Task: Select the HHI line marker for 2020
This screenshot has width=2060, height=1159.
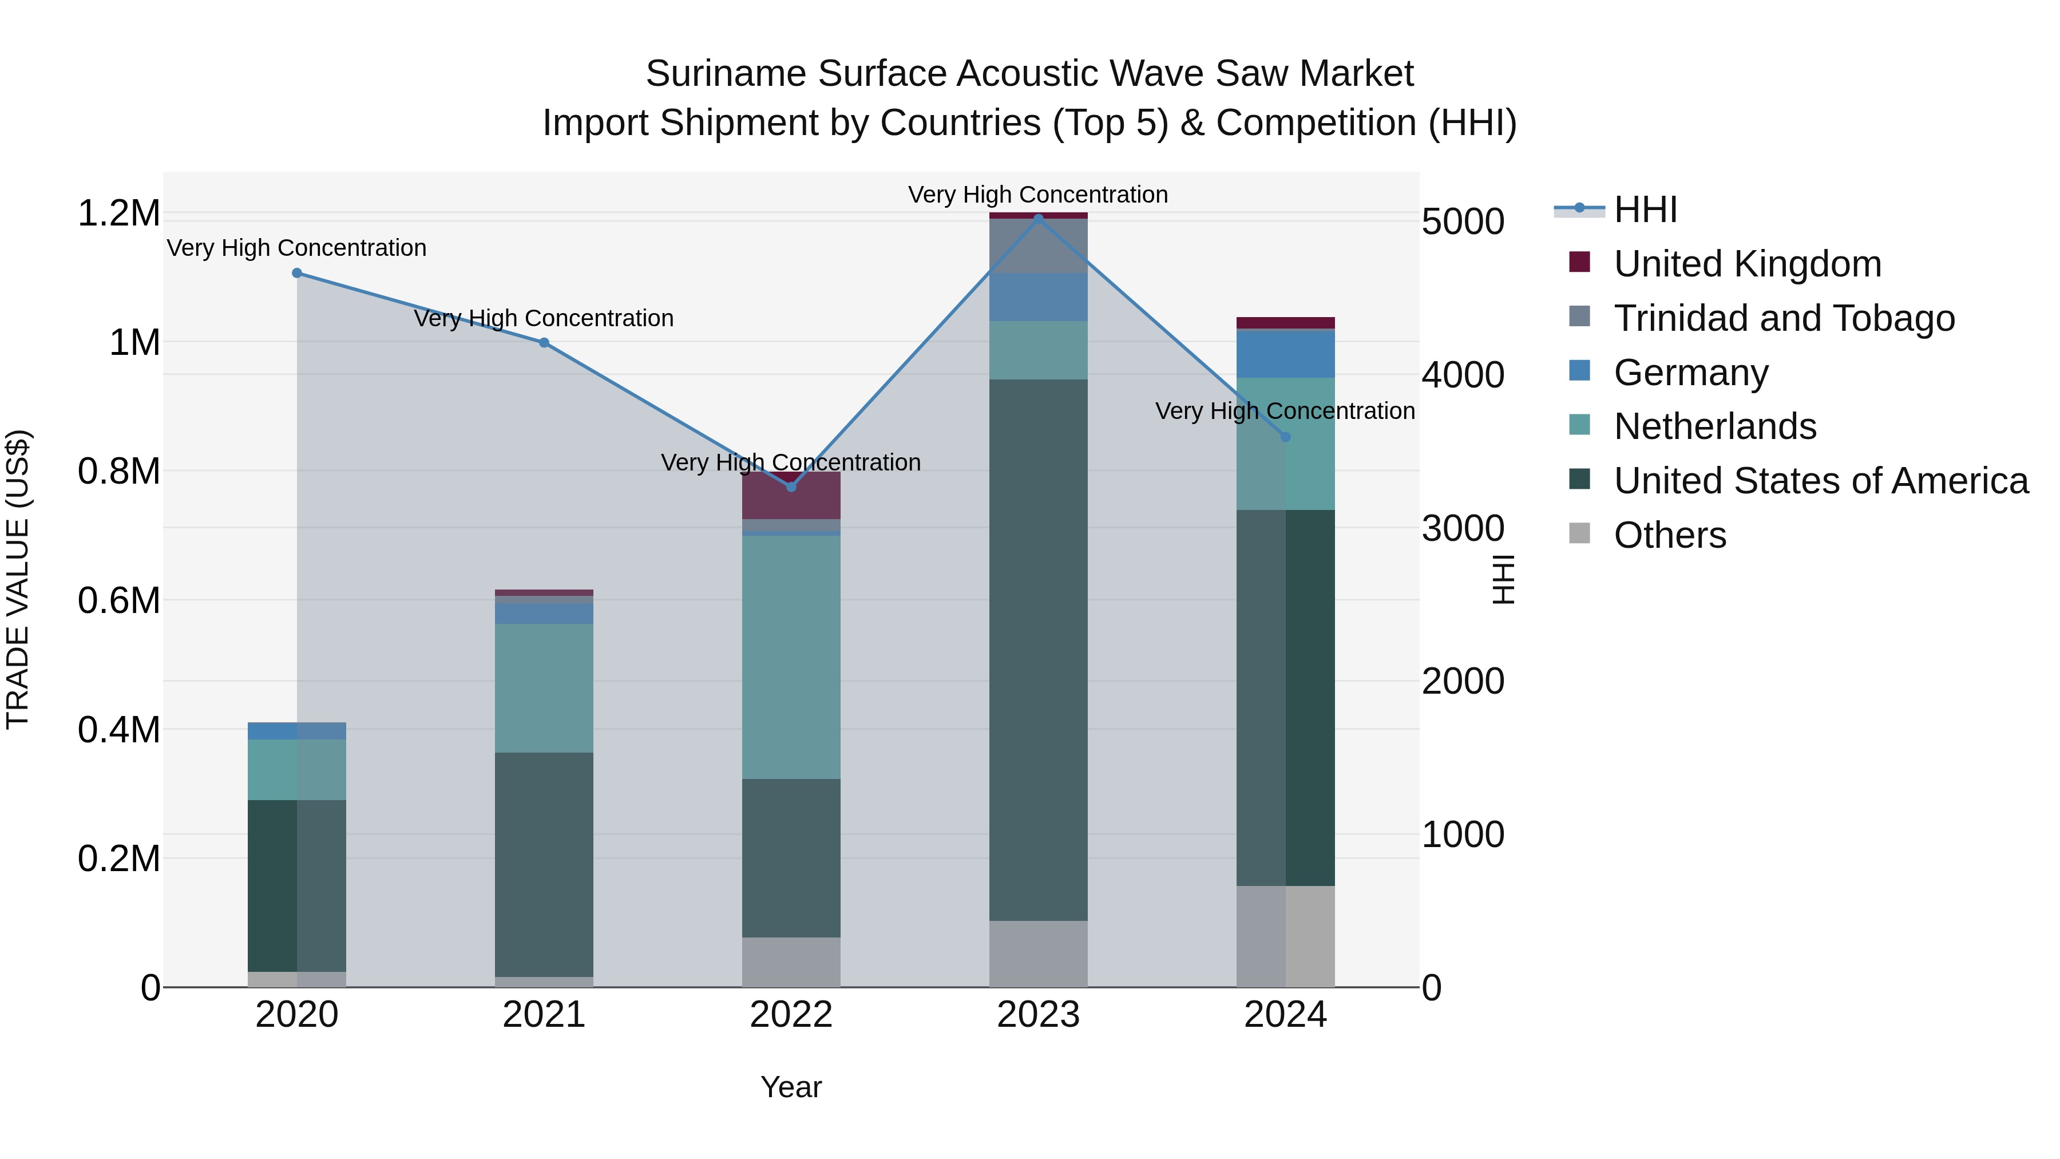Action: click(x=296, y=273)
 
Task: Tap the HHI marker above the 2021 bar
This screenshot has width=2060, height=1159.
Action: click(x=544, y=342)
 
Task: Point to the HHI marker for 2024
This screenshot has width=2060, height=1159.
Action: click(x=1285, y=437)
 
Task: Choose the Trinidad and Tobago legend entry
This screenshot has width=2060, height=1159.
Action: click(x=1783, y=318)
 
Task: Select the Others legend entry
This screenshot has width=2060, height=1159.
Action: click(x=1669, y=535)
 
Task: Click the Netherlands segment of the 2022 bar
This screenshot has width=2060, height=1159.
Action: click(x=791, y=656)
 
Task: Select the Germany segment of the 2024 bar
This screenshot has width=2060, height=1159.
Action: click(x=1285, y=354)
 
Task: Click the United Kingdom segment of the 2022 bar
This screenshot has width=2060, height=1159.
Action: click(x=791, y=497)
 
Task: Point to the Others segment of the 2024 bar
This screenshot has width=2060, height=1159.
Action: click(x=1285, y=935)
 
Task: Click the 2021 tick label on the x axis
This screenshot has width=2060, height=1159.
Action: click(x=544, y=1015)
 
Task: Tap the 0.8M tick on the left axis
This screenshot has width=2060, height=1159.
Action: click(x=118, y=471)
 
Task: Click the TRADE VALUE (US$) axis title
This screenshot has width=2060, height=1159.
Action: click(x=18, y=579)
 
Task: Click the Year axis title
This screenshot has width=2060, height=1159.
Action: click(x=791, y=1087)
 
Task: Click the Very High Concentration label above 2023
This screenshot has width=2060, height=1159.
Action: click(x=1038, y=195)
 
